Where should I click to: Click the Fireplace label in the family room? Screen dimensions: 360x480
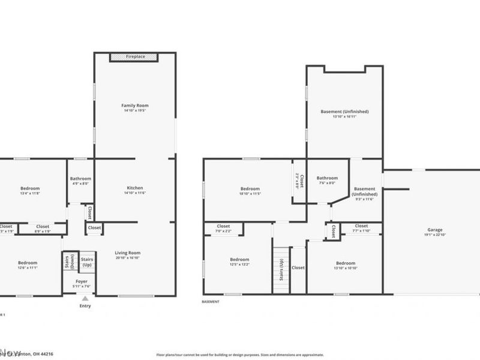[x=134, y=56]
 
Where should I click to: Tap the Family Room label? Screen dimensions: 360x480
[x=134, y=106]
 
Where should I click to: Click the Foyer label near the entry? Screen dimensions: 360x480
[x=82, y=281]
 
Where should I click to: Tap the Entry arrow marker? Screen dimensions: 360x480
[x=85, y=298]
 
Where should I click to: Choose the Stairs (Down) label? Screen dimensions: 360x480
[x=68, y=262]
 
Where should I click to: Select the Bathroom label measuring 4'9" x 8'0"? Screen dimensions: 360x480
[x=80, y=179]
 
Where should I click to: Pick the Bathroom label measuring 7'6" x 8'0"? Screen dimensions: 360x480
[x=327, y=178]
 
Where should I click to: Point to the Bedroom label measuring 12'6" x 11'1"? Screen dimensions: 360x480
[x=27, y=263]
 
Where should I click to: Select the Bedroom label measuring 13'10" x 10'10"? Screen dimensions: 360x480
[x=346, y=263]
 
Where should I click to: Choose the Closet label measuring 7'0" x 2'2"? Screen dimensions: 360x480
[x=223, y=226]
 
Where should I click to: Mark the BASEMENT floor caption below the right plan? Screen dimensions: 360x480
[x=211, y=302]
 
